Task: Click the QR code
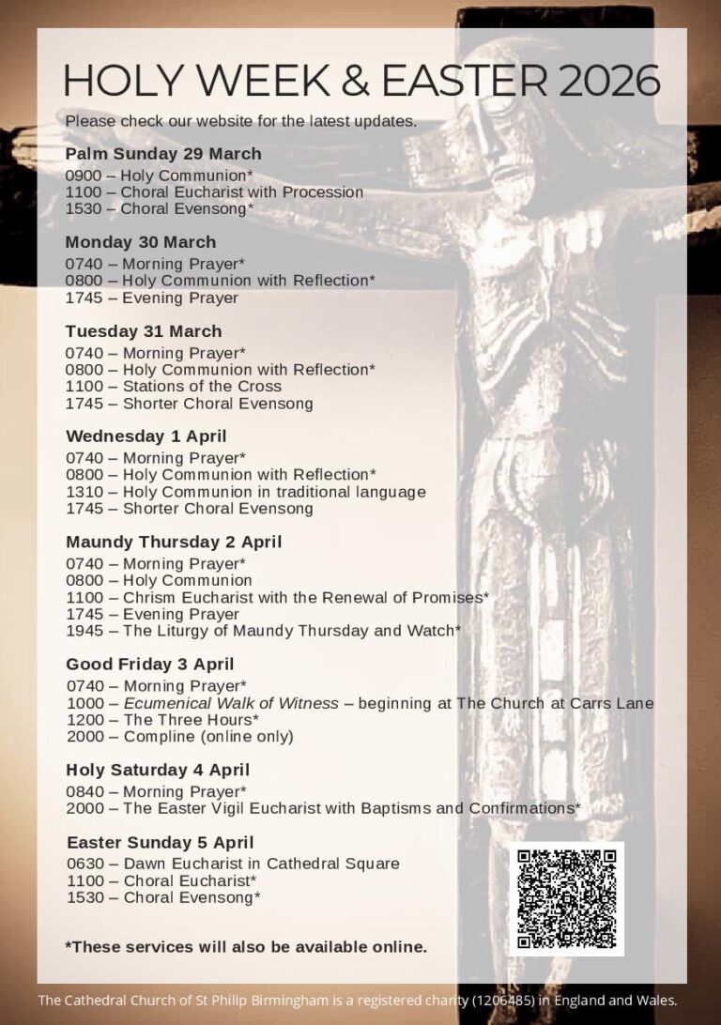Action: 566,898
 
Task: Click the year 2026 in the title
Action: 609,82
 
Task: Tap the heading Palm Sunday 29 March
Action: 163,154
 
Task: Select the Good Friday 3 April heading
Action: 150,665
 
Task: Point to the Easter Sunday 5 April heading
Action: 161,842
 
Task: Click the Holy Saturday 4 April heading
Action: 158,770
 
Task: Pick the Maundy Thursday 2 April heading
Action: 174,542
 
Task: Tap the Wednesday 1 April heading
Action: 146,436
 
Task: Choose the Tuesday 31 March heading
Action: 144,331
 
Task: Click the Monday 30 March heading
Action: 141,242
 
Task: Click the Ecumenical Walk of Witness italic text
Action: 231,703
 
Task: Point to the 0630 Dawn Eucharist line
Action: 233,864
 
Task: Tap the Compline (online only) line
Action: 180,737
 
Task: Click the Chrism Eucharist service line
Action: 278,597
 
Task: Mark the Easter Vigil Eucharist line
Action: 324,808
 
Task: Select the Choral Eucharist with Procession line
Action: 214,192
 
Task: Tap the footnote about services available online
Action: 246,946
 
